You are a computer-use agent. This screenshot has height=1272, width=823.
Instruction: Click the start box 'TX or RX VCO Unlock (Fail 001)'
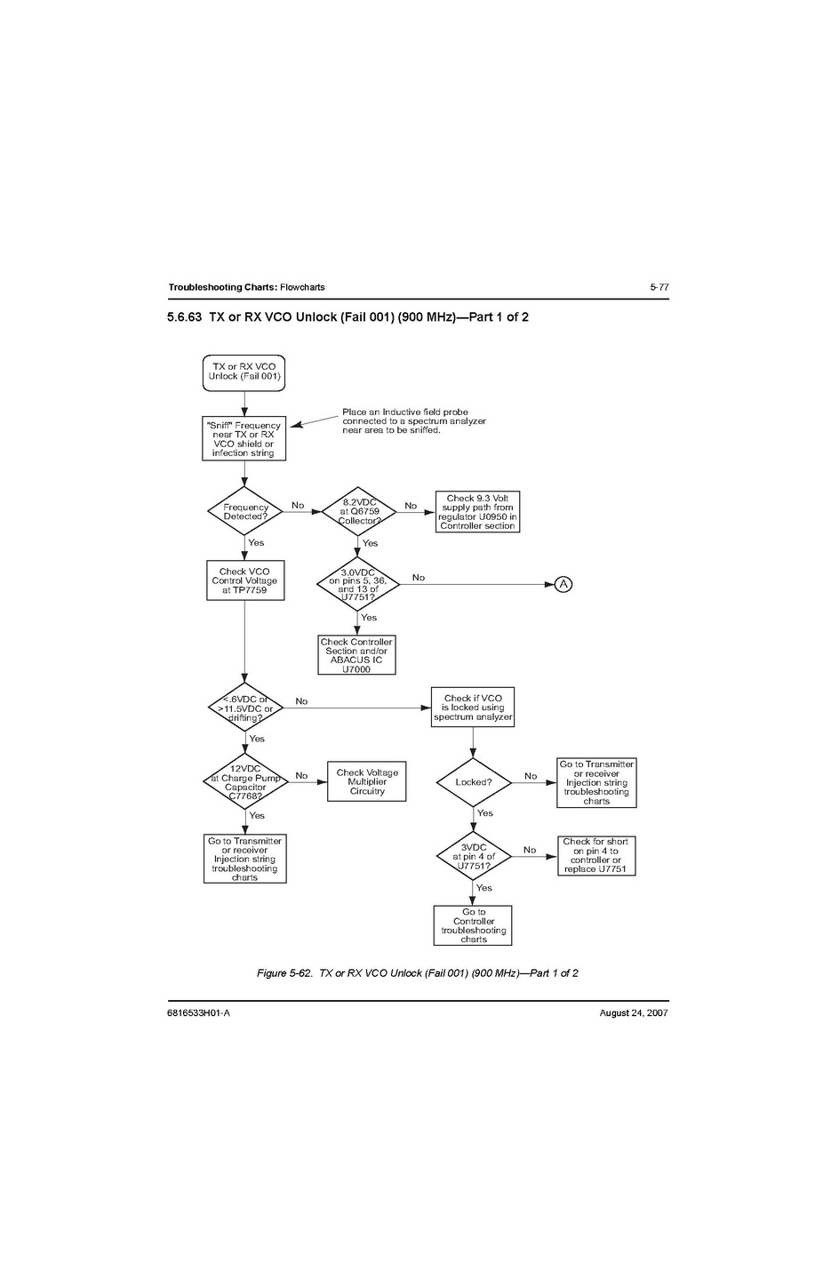coord(244,372)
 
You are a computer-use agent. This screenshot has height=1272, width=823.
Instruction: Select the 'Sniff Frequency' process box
coord(244,439)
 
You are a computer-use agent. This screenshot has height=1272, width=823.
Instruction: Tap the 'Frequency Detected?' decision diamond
coord(244,512)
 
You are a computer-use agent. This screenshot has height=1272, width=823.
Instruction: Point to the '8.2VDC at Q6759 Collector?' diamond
coord(358,511)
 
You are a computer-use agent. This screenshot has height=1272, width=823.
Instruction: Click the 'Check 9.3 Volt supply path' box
coord(477,512)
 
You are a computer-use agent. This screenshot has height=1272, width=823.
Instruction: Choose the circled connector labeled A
coord(563,584)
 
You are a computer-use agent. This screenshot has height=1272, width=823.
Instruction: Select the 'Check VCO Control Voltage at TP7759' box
coord(244,580)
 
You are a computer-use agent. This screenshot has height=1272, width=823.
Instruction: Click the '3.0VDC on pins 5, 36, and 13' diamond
coord(358,584)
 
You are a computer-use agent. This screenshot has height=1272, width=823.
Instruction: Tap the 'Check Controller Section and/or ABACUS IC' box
coord(356,655)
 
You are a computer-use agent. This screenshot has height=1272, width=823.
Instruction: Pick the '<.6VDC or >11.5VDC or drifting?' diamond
coord(245,708)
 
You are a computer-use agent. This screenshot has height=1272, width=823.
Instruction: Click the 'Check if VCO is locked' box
coord(473,708)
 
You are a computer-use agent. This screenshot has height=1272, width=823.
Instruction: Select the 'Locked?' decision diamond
coord(473,782)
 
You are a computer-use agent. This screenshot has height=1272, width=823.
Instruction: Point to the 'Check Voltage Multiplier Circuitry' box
coord(367,781)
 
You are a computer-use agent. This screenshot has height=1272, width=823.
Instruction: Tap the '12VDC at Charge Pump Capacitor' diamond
coord(245,782)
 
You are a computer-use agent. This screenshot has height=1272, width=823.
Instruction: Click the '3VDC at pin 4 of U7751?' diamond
coord(473,857)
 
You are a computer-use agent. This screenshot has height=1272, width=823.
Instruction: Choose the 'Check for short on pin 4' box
coord(595,855)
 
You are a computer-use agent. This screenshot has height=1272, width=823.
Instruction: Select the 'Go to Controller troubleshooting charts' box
coord(473,925)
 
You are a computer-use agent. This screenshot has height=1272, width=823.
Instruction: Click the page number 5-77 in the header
coord(659,287)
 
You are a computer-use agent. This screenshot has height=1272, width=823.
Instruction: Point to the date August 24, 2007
coord(634,1012)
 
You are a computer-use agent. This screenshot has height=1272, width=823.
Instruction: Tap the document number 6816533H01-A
coord(198,1012)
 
